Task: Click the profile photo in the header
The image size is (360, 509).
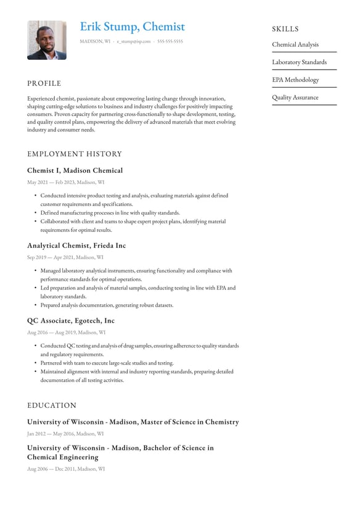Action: pos(47,40)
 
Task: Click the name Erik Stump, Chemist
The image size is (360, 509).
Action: pos(132,27)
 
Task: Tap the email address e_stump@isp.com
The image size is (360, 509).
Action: pos(133,41)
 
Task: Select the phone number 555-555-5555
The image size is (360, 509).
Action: pos(170,41)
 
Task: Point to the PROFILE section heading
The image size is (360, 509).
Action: pos(44,83)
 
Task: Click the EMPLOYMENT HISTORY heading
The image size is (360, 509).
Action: pos(75,154)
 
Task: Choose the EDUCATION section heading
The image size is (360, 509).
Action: pos(52,405)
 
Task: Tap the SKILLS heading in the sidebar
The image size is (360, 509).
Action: pos(285,29)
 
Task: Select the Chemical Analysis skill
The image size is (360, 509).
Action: pos(295,44)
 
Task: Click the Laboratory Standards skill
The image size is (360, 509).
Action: pos(300,62)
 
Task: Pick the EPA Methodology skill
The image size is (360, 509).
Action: pos(296,80)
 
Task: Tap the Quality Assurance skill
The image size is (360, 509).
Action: pos(295,97)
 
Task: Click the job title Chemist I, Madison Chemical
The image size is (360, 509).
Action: pos(75,170)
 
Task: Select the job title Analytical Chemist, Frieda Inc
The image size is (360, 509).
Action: pos(76,246)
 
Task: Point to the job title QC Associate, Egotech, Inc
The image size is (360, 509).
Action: pos(71,321)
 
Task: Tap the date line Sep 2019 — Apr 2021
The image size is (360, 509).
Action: pos(65,257)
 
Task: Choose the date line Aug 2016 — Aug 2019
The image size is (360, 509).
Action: pos(66,333)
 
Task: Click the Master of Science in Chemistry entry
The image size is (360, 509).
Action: pos(133,422)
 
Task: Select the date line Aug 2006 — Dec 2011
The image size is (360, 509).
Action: pos(66,469)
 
